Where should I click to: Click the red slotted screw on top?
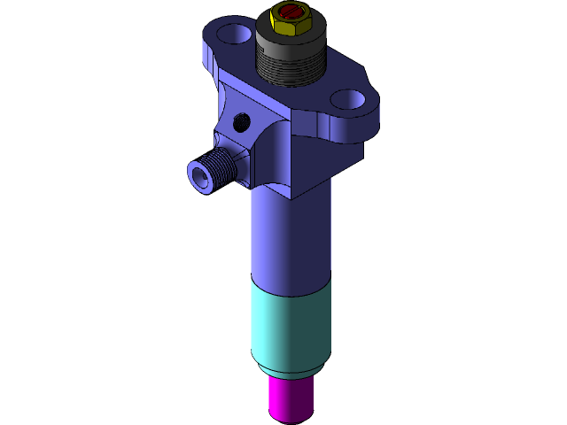(290, 12)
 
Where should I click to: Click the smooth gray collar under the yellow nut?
(291, 38)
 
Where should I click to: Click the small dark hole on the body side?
(239, 121)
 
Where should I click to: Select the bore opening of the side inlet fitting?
(198, 174)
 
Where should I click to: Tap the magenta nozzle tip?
(290, 398)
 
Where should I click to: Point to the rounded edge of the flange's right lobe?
(376, 111)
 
